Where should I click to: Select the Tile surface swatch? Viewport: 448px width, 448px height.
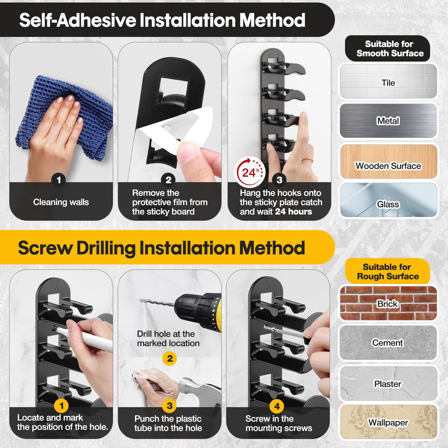point(388,81)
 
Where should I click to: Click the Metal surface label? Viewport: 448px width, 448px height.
point(388,121)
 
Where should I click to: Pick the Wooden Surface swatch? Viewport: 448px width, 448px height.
point(388,161)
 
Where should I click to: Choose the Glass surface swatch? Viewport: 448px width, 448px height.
point(388,200)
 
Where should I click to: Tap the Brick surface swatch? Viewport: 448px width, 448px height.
point(388,303)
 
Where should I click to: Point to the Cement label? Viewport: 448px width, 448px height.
point(388,343)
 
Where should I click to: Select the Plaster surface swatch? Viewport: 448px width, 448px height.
point(388,384)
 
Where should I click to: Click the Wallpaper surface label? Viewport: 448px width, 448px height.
point(388,423)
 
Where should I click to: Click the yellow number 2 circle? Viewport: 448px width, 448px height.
point(170,358)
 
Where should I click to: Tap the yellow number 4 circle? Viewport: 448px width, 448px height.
point(277,406)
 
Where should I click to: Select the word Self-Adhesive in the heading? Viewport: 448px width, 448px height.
point(78,20)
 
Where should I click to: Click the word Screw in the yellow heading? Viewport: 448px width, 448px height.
point(45,248)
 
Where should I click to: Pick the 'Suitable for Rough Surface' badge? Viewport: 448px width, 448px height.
point(388,271)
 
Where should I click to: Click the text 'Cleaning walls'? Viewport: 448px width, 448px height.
point(61,202)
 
